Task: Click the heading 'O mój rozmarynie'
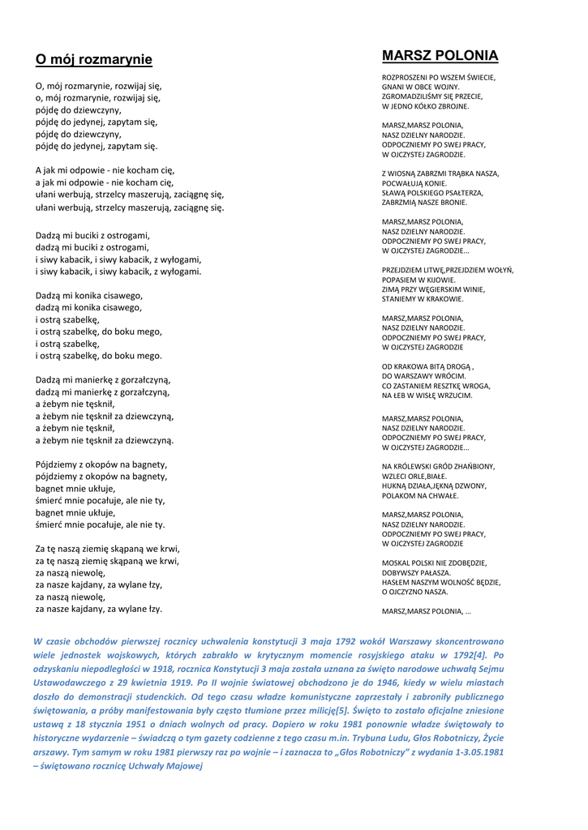coord(93,59)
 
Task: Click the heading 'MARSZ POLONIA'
coord(440,56)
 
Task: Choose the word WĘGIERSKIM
coord(461,289)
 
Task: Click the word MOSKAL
coord(396,563)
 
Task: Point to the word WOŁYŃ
coord(497,270)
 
